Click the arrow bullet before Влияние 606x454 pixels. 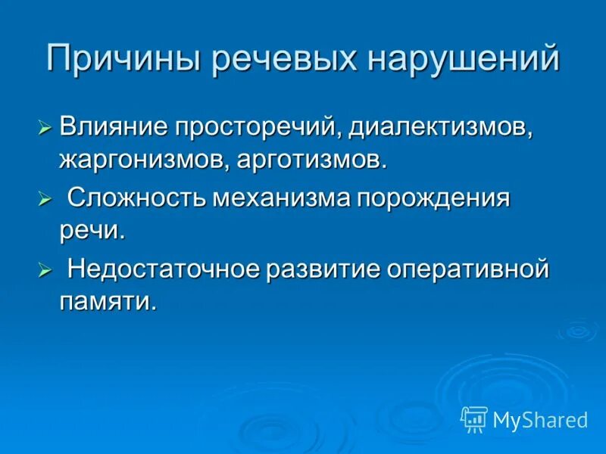45,126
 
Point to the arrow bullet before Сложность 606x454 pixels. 45,201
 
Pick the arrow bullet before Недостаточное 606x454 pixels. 45,270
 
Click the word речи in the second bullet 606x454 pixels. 91,232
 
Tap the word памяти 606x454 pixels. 108,302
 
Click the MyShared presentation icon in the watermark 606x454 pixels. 473,419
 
